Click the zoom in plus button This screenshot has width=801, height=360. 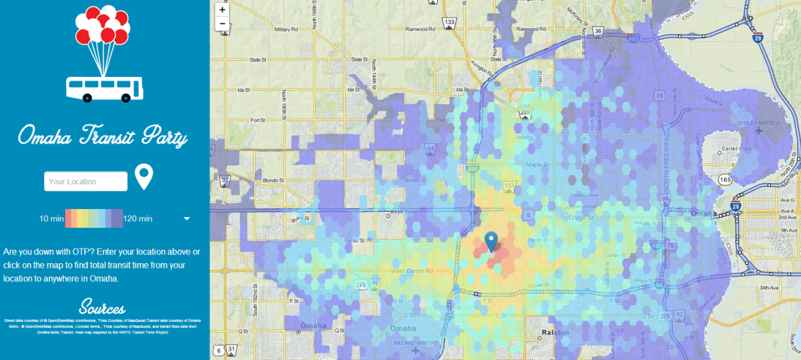[222, 10]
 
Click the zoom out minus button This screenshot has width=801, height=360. [222, 23]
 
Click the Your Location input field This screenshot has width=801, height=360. [85, 181]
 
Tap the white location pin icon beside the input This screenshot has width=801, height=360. [144, 177]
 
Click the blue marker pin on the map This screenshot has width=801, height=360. [491, 241]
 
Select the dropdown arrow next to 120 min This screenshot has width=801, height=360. [187, 218]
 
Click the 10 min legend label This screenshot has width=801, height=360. [50, 218]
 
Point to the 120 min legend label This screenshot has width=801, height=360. [138, 218]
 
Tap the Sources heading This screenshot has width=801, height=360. [102, 308]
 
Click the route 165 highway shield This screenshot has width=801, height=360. [726, 180]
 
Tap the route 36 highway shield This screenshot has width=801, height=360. [598, 31]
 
